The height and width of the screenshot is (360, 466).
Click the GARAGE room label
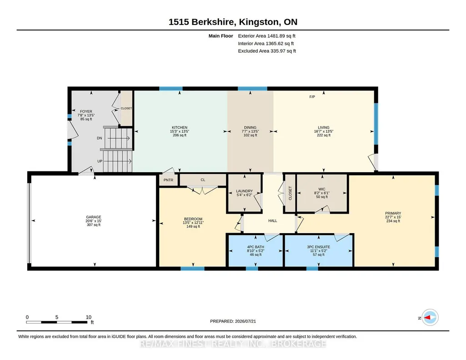(x=94, y=217)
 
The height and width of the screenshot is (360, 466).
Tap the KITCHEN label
(x=180, y=127)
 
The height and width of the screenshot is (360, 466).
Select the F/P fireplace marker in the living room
(x=312, y=97)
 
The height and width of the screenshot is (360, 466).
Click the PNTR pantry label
(x=168, y=180)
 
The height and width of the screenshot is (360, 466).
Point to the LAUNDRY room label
(x=244, y=191)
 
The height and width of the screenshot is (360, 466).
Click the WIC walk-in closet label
(x=322, y=189)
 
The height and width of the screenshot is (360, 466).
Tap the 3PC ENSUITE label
(x=319, y=247)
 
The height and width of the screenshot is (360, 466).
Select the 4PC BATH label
(x=256, y=247)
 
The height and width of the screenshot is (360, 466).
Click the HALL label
(x=272, y=221)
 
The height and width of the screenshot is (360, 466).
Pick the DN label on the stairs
(x=100, y=138)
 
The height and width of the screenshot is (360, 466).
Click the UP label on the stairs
(x=100, y=161)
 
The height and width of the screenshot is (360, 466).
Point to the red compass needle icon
(x=427, y=318)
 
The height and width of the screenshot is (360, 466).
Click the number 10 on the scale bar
(x=89, y=317)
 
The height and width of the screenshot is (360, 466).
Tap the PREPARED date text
(x=233, y=321)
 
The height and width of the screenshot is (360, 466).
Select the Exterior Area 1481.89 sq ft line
(x=266, y=36)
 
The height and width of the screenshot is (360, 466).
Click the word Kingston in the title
(x=259, y=22)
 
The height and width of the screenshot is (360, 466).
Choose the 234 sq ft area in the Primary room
(x=393, y=221)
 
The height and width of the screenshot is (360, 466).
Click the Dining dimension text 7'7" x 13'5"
(x=250, y=131)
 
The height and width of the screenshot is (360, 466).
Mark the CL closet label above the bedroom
(x=203, y=180)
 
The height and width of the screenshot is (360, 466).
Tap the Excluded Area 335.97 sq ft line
(x=267, y=51)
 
